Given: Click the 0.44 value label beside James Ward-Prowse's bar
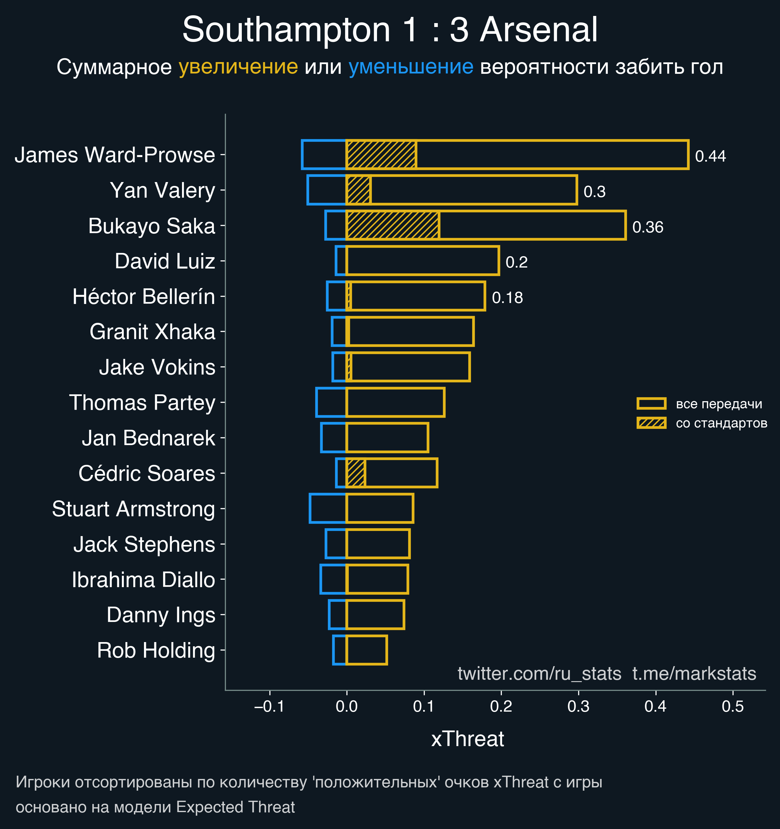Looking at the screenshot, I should (710, 156).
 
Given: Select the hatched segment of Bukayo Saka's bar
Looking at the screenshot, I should (393, 226).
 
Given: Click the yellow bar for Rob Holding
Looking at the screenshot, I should (367, 650).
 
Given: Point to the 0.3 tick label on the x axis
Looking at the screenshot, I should (578, 706).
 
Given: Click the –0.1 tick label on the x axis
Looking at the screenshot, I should (269, 706).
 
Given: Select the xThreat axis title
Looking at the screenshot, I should (467, 739).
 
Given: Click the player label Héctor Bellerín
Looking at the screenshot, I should (144, 296).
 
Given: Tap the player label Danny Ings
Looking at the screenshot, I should (161, 615).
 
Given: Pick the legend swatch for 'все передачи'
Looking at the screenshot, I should (651, 403).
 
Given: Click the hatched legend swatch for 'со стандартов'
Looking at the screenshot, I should (651, 423).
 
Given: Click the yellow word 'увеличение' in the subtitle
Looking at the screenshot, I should (238, 67).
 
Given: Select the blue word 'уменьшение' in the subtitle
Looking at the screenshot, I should (410, 67).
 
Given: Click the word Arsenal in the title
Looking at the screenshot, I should (539, 30).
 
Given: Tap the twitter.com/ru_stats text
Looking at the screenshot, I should (539, 674).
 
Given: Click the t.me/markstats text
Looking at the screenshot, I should (694, 674).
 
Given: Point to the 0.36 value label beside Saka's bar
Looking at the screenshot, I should (647, 227).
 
